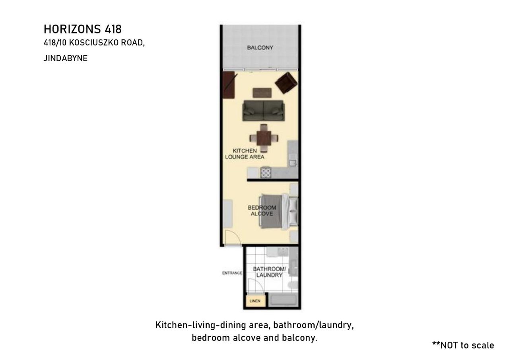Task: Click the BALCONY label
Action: [x=260, y=48]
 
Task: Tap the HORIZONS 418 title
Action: [x=82, y=29]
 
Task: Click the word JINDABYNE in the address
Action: [x=66, y=58]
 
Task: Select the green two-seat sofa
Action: [x=263, y=111]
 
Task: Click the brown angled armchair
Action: [x=286, y=83]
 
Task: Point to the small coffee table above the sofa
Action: [x=262, y=93]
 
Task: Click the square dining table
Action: [x=264, y=138]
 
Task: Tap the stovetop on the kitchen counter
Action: [x=266, y=172]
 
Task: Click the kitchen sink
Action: [x=293, y=163]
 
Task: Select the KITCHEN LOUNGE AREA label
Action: [x=245, y=154]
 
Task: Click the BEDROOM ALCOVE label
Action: [x=262, y=211]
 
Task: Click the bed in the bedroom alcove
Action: [x=279, y=211]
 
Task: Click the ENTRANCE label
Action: [x=232, y=273]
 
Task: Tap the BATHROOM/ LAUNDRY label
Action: [x=269, y=272]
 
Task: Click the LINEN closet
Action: [x=256, y=301]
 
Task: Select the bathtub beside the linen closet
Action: [x=284, y=300]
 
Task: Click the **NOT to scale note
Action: [x=463, y=345]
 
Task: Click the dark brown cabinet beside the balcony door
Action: [x=229, y=85]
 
